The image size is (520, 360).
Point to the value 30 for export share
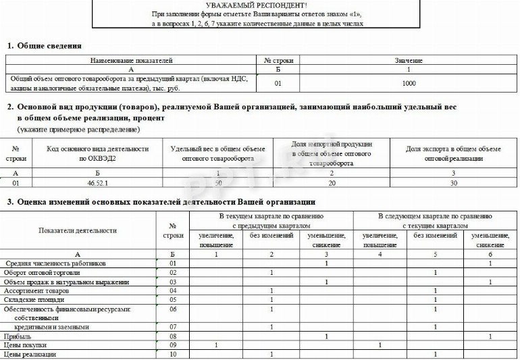point(453,183)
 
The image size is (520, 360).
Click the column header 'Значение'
point(409,61)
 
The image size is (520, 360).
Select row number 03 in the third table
point(173,282)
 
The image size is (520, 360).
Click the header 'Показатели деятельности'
point(80,230)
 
